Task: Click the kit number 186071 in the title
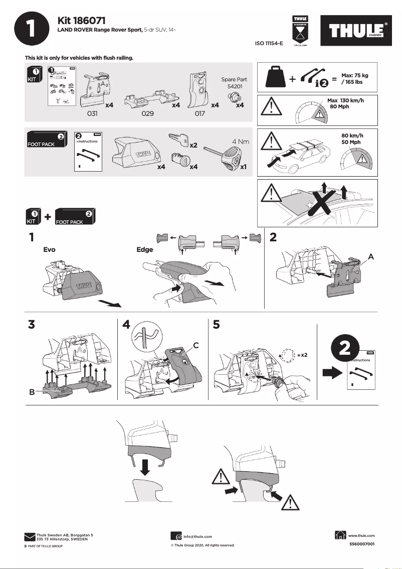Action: (x=88, y=21)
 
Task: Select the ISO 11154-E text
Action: (x=269, y=44)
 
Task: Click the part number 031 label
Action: (x=92, y=114)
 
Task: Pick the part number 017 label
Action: (x=199, y=114)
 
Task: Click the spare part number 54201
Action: (x=235, y=87)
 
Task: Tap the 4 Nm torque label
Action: (x=241, y=141)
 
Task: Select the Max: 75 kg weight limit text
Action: (x=355, y=75)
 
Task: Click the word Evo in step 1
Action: (x=49, y=249)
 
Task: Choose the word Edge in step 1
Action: (x=145, y=249)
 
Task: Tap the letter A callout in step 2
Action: (x=371, y=256)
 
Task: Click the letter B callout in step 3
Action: (x=32, y=392)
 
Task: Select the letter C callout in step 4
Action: (x=196, y=345)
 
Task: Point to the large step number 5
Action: (x=216, y=325)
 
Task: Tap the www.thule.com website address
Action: (x=361, y=536)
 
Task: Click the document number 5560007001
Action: (x=361, y=544)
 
